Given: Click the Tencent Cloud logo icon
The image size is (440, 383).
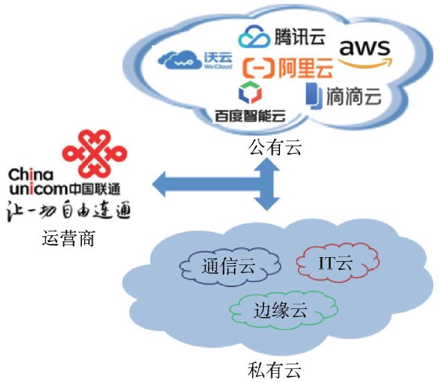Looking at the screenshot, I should coord(254,36).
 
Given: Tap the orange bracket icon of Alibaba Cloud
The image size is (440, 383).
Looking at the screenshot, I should coord(255,68).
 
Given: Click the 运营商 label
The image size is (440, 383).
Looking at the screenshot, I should coord(67,237).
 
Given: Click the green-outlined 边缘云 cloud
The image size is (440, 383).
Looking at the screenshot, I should coord(281,309).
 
